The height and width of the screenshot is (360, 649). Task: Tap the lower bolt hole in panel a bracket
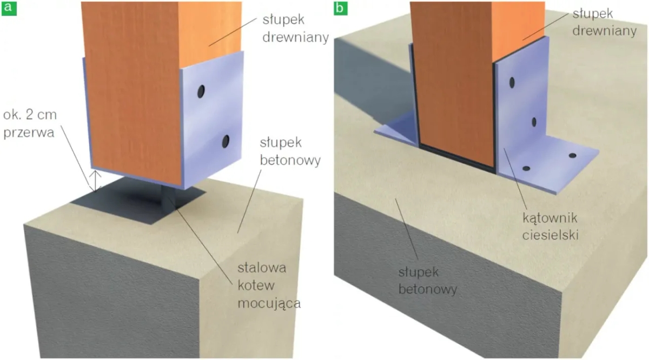(x=226, y=142)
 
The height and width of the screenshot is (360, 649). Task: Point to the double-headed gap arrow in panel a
(x=95, y=181)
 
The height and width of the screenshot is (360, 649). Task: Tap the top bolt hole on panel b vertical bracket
(x=512, y=82)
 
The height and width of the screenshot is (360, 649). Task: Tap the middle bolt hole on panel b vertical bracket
(x=534, y=122)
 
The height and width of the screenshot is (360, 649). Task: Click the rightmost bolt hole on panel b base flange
(x=572, y=156)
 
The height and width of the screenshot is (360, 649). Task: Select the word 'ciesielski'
(x=550, y=236)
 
